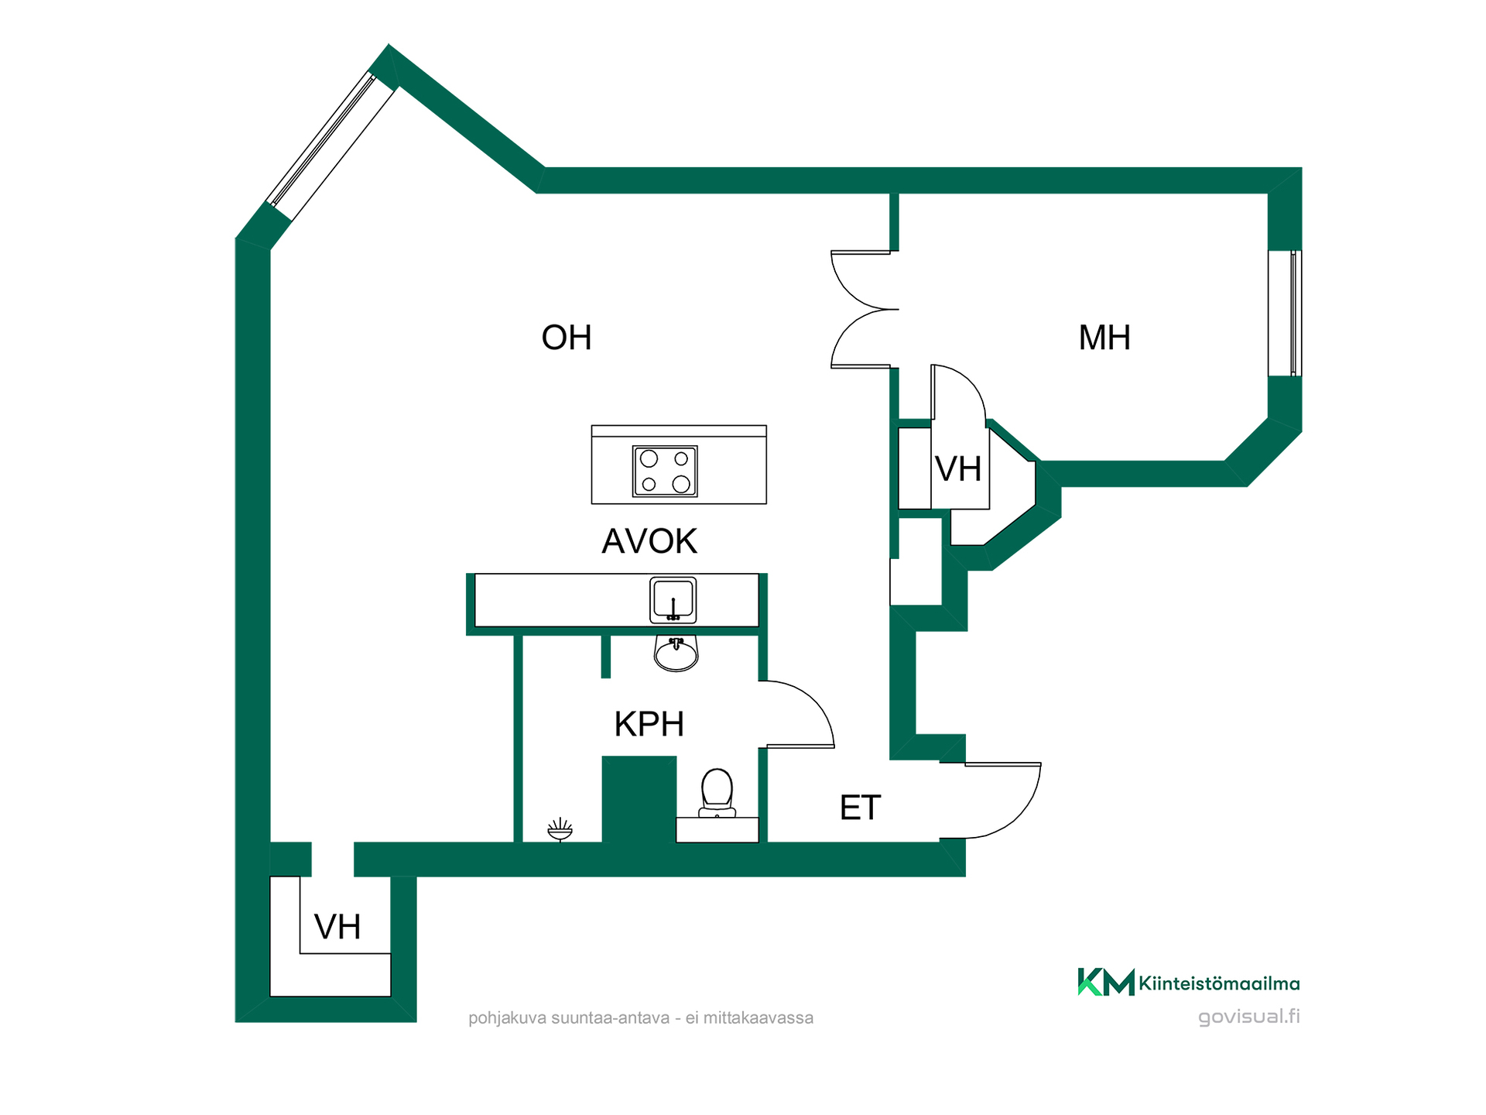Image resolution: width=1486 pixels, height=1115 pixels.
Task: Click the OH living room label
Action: pos(567,338)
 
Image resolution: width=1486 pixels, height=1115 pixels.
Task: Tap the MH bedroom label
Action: pos(1104,338)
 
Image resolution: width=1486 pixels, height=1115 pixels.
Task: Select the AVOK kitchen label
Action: pos(649,541)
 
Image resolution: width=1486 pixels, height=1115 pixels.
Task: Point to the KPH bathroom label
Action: pos(649,724)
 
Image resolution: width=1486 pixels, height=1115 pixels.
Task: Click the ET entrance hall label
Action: pos(860,808)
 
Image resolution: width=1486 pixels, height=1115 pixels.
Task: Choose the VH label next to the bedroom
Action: pos(958,469)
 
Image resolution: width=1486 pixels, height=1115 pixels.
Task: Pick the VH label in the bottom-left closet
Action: pos(337,927)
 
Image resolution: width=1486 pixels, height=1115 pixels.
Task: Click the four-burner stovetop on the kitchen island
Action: pos(665,471)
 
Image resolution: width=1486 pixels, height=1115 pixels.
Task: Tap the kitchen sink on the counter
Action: pos(673,600)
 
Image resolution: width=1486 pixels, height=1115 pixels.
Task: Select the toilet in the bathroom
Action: pos(717,793)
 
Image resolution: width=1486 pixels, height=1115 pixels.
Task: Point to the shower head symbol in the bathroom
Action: pos(560,829)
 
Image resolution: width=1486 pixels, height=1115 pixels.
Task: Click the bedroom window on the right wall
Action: pos(1285,313)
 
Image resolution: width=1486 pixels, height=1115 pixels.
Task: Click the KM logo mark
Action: pos(1106,982)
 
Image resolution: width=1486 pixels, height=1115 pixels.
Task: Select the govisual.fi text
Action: pos(1248,1017)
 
